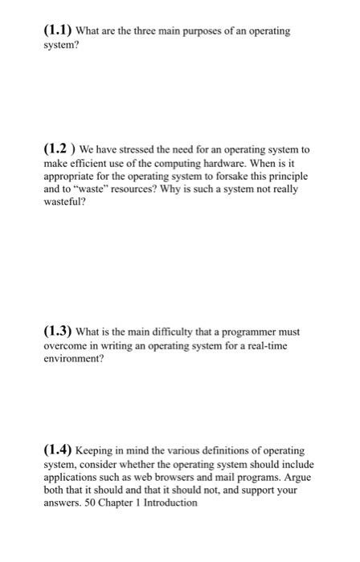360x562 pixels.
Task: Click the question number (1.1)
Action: pos(58,31)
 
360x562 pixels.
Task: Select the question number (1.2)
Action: pos(59,150)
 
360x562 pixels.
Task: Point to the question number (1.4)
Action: pos(58,451)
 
